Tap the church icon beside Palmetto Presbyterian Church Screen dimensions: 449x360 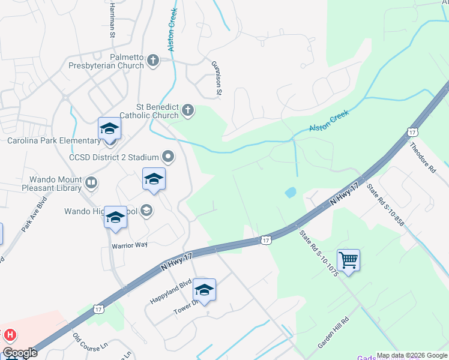(x=153, y=60)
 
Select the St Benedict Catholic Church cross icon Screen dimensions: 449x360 (x=188, y=109)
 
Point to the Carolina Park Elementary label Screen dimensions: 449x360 (x=54, y=140)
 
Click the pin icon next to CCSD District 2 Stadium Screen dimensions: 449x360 (x=169, y=157)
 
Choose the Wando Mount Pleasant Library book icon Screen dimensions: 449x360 (x=91, y=182)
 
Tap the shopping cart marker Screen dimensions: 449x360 (x=348, y=260)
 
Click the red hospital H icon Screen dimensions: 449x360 (x=10, y=335)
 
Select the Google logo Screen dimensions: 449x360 (x=20, y=353)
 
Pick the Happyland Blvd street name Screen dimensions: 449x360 (x=170, y=291)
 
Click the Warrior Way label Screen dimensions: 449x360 (x=129, y=245)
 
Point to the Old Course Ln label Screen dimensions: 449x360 (x=89, y=340)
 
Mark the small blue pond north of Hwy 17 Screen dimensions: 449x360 (x=291, y=193)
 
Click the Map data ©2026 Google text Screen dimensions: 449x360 (x=411, y=355)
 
